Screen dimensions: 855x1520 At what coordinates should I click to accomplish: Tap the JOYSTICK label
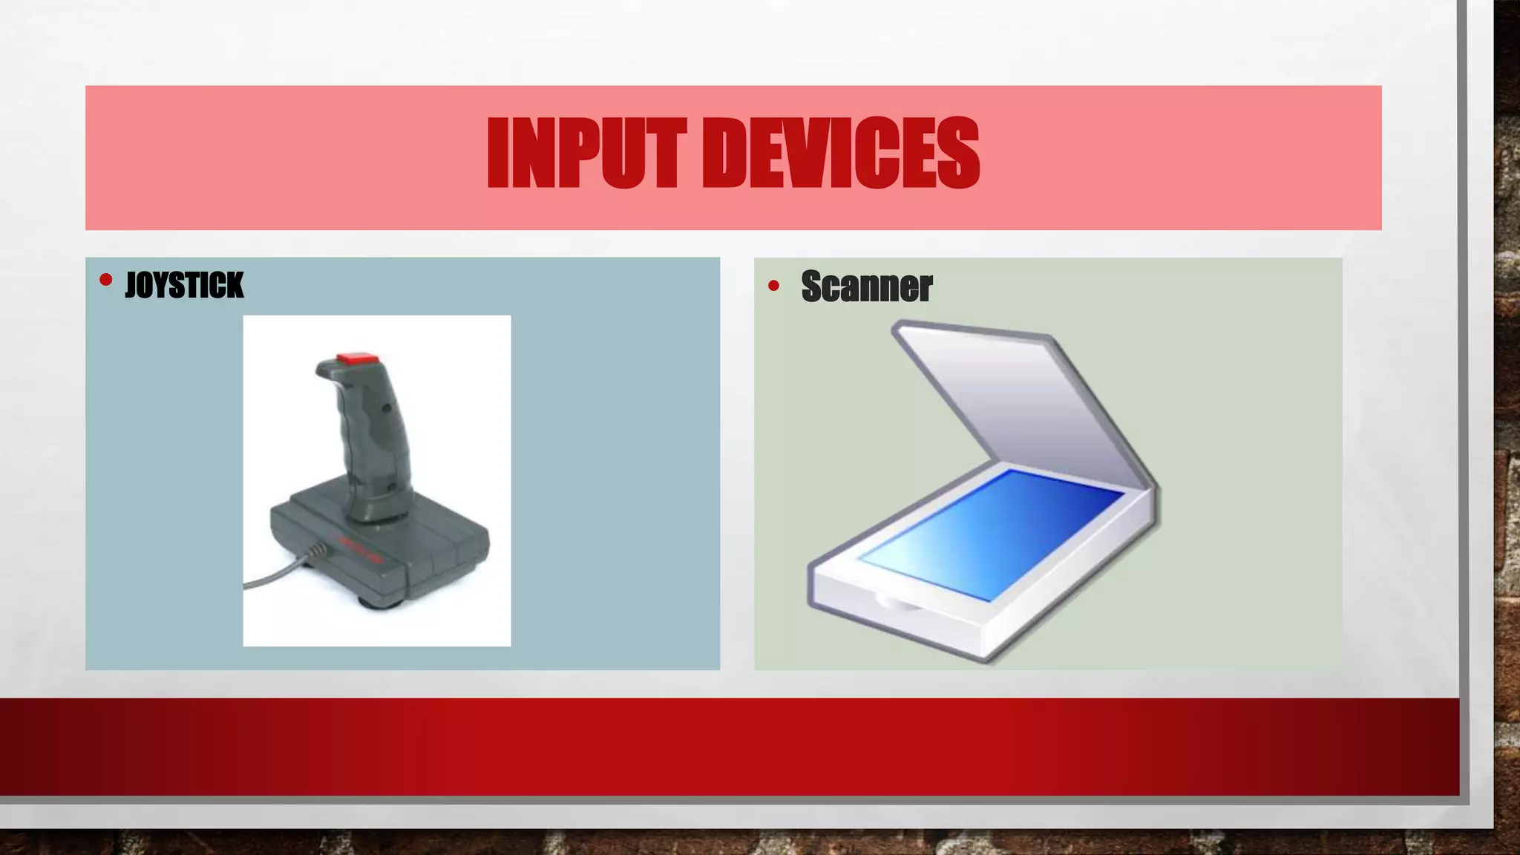(184, 285)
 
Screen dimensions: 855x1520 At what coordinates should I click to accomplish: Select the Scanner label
(866, 286)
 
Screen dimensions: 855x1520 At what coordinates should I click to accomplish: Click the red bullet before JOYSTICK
(105, 280)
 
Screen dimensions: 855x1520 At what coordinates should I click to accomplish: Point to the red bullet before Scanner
(774, 286)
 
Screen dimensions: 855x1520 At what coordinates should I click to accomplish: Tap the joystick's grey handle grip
(371, 438)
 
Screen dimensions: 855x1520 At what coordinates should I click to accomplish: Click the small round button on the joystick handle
(386, 408)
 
